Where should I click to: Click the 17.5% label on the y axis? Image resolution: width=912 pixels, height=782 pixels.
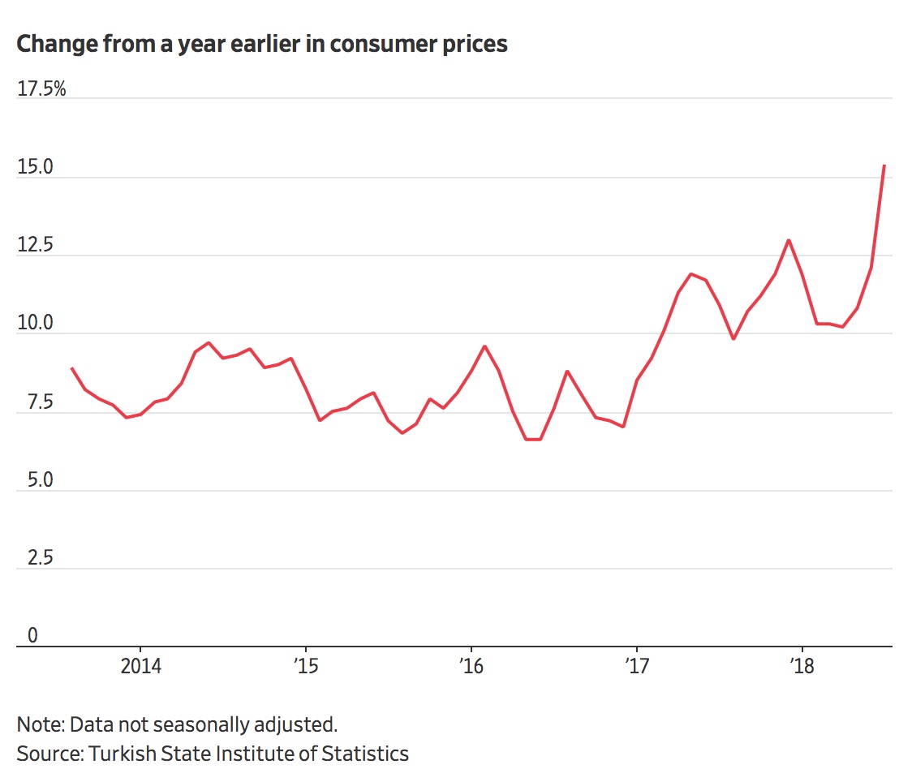click(x=41, y=88)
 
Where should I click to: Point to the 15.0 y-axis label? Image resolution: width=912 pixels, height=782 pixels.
click(x=35, y=167)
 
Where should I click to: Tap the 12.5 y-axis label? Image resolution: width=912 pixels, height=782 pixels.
click(x=35, y=245)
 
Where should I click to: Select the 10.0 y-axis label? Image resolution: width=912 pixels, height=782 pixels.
click(x=35, y=324)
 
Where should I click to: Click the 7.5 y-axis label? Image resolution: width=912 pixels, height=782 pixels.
click(x=31, y=402)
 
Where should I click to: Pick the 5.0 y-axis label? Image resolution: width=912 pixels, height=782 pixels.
click(x=32, y=480)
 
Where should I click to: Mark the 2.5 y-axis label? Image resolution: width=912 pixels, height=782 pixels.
click(x=31, y=558)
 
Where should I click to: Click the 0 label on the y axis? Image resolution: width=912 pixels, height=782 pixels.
click(x=32, y=636)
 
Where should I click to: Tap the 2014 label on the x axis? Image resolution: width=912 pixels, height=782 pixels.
click(x=140, y=667)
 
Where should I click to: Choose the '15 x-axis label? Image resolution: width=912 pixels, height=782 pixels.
click(x=306, y=667)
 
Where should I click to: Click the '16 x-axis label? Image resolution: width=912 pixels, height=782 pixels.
click(x=471, y=667)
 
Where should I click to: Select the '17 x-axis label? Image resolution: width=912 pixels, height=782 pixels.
click(x=637, y=667)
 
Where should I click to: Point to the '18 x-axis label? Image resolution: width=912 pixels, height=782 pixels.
click(x=802, y=667)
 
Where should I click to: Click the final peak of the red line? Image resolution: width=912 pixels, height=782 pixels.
click(x=884, y=165)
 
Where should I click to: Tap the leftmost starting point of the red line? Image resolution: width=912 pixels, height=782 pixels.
click(x=72, y=368)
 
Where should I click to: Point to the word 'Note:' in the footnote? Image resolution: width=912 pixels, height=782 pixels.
click(x=40, y=724)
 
